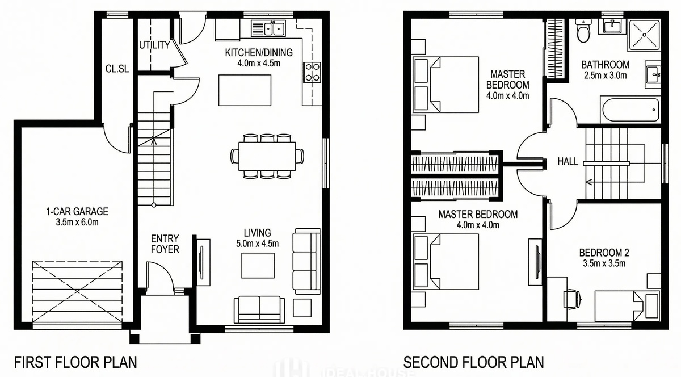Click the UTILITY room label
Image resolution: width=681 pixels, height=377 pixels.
[154, 45]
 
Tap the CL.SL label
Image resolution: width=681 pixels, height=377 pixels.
[117, 69]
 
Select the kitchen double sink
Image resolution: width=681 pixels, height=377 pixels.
[268, 28]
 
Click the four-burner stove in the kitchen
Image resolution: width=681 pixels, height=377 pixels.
[312, 72]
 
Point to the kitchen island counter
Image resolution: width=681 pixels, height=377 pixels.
[245, 90]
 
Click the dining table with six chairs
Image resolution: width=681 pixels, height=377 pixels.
[267, 156]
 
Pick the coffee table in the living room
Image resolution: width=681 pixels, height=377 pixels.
[258, 265]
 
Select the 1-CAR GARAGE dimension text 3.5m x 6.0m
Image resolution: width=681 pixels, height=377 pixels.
[77, 222]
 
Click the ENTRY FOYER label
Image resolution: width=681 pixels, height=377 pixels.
[165, 244]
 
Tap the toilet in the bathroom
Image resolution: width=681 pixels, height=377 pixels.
[583, 31]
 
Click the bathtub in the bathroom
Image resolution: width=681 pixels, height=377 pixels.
[630, 110]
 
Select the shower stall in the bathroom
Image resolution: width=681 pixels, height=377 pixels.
[645, 35]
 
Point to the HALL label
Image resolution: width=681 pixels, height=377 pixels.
[568, 162]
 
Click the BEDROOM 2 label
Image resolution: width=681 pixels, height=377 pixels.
[604, 253]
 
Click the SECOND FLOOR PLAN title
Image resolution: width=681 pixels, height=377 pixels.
[474, 362]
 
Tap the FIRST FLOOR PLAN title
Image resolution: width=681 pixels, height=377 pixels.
[75, 362]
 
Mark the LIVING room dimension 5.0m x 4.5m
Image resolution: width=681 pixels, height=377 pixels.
[258, 244]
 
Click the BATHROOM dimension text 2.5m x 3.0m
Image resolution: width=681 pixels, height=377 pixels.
[606, 75]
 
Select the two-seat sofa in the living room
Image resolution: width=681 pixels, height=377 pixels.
[259, 309]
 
